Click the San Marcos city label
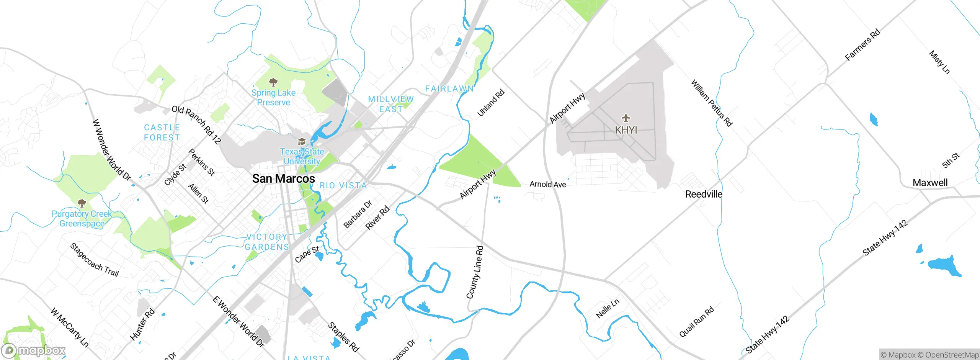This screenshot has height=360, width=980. coord(283,178)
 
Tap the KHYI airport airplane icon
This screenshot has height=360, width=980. coord(626,118)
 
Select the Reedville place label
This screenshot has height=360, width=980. coord(704,194)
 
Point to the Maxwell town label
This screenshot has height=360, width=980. coord(930,183)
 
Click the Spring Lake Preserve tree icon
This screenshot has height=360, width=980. coord(273,82)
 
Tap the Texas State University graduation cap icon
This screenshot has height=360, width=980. coord(302,142)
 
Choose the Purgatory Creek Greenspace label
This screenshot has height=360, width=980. coord(82,219)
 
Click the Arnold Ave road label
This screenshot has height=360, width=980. coord(547,184)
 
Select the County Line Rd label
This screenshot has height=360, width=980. coord(475,272)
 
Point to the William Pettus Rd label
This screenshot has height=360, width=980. coord(711,103)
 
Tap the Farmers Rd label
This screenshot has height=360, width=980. coord(862,45)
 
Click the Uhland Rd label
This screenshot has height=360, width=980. coord(491,103)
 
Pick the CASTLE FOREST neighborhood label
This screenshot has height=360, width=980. coord(162,133)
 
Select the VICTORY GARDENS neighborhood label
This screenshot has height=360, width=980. coord(267,242)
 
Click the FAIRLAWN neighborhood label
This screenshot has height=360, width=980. coord(449,88)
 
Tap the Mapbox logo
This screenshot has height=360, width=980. coord(33,350)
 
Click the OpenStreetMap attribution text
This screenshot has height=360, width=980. coord(952,355)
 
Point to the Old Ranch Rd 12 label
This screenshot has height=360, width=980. coord(196,124)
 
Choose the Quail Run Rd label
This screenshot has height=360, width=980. coord(696,322)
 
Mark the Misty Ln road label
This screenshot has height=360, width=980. coord(939,62)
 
